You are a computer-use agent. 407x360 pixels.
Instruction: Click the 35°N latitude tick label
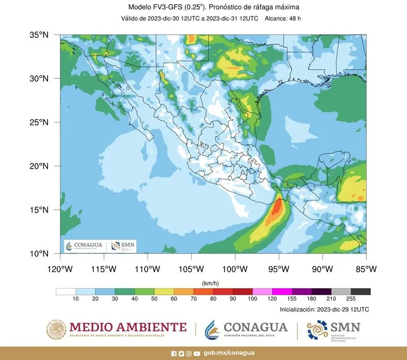pyautogui.click(x=40, y=35)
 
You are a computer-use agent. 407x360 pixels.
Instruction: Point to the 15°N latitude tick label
pyautogui.click(x=40, y=210)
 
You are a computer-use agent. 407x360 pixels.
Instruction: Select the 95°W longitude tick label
pyautogui.click(x=279, y=268)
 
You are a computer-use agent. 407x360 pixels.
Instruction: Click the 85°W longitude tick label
pyautogui.click(x=366, y=268)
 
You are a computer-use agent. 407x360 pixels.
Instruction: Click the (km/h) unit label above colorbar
pyautogui.click(x=213, y=282)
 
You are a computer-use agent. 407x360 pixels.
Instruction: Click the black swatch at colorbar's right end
pyautogui.click(x=360, y=292)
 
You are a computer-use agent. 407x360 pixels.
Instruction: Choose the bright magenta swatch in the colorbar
pyautogui.click(x=281, y=292)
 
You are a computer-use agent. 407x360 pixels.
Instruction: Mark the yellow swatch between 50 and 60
pyautogui.click(x=164, y=292)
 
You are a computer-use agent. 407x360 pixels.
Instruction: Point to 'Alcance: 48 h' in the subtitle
pyautogui.click(x=283, y=18)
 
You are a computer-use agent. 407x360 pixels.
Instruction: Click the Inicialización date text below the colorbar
pyautogui.click(x=324, y=309)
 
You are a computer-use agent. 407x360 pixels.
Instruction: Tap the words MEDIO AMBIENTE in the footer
pyautogui.click(x=128, y=327)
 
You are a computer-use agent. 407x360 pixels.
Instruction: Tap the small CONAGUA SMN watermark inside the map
pyautogui.click(x=100, y=246)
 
